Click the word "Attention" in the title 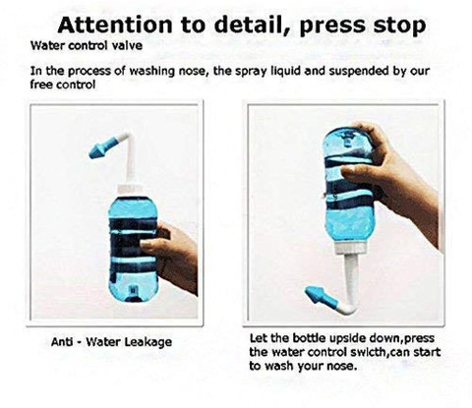(x=115, y=25)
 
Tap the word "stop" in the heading (x=399, y=26)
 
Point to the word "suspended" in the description (x=358, y=71)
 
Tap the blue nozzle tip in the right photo (x=320, y=295)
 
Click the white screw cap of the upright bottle (x=130, y=189)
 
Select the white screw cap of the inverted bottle (x=350, y=249)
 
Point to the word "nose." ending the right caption (x=342, y=366)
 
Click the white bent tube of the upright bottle (x=129, y=159)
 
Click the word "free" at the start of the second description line (x=41, y=85)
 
